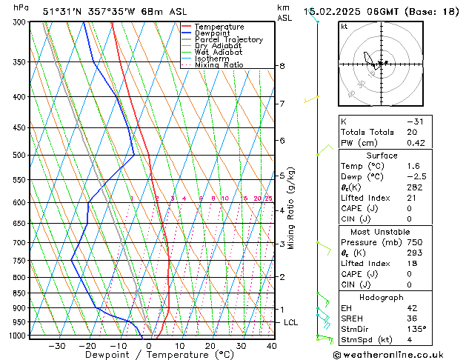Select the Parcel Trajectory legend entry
click(228, 40)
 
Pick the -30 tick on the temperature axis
click(56, 346)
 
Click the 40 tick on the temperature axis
click(272, 346)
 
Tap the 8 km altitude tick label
click(282, 66)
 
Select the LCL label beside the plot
click(291, 323)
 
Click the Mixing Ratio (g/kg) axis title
click(292, 208)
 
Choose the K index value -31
click(415, 121)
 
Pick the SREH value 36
click(413, 319)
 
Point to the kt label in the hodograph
click(344, 27)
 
